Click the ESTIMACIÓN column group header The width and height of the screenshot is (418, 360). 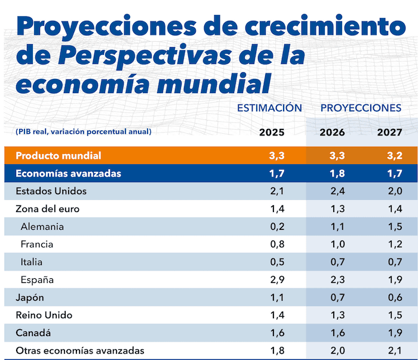[x=269, y=108]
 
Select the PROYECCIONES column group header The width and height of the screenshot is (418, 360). [x=361, y=108]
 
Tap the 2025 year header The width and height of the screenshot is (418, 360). [x=272, y=132]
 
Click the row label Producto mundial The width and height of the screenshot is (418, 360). [x=59, y=156]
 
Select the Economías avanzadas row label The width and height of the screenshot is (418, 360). [x=69, y=174]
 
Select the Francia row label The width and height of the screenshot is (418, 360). [x=37, y=244]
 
